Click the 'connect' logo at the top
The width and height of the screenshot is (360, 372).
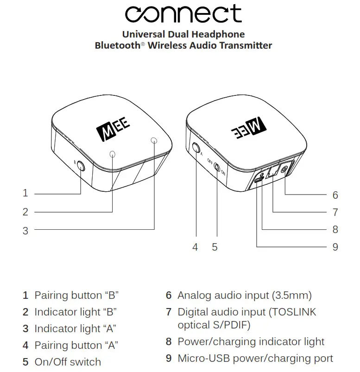pyautogui.click(x=183, y=14)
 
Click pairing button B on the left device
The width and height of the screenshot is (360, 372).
pyautogui.click(x=82, y=165)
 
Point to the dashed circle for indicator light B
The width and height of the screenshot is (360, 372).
pyautogui.click(x=113, y=154)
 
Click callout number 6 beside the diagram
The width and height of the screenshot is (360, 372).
pyautogui.click(x=335, y=195)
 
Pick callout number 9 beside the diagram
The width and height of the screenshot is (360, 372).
pyautogui.click(x=335, y=247)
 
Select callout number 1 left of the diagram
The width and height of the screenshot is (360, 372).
pyautogui.click(x=25, y=193)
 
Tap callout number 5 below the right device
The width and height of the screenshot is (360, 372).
pyautogui.click(x=215, y=247)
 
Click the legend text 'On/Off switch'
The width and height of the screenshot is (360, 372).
pyautogui.click(x=68, y=362)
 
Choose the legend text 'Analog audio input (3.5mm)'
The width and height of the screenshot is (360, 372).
pyautogui.click(x=245, y=295)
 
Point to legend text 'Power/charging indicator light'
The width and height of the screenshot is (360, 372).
pyautogui.click(x=251, y=342)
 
